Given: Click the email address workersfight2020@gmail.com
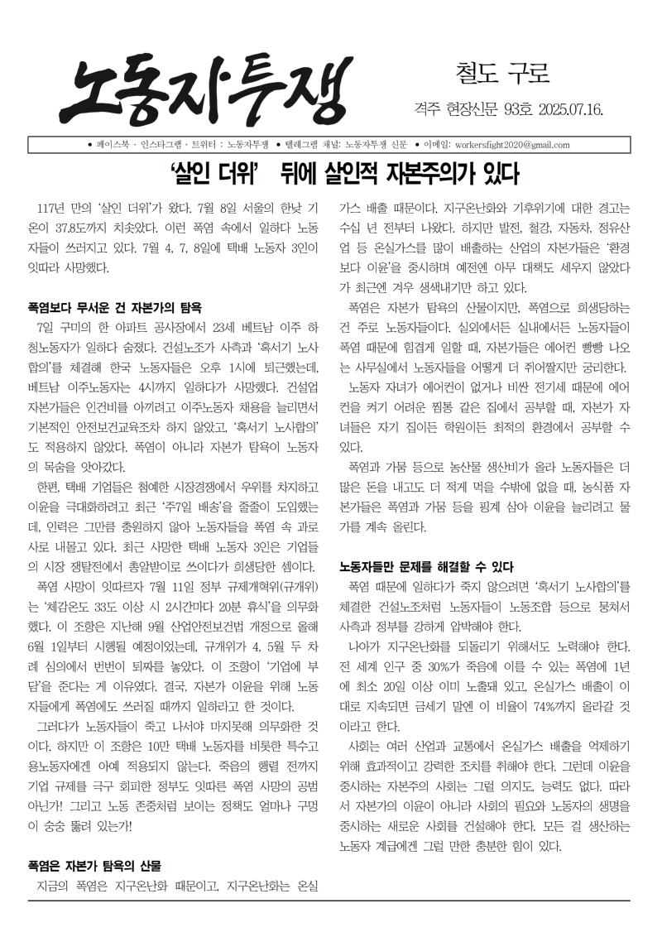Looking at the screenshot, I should click(512, 145).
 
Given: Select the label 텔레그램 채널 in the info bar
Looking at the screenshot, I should click(312, 145).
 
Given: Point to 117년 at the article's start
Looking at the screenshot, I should click(51, 207).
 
